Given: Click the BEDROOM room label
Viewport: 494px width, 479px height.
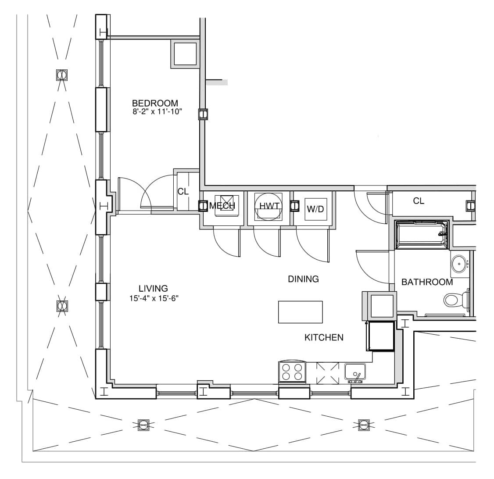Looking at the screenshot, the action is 155,103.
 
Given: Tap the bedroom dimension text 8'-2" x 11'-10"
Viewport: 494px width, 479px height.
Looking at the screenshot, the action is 157,111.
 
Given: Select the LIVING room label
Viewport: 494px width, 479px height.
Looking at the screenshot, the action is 153,289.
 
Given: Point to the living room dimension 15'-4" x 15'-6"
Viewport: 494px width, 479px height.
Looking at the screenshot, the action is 154,298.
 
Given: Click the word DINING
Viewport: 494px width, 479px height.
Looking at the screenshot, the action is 304,279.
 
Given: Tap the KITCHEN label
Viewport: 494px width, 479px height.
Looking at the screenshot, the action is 324,338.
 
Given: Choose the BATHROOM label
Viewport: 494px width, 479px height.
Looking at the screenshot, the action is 427,282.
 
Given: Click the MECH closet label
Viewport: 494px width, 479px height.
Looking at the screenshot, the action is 222,206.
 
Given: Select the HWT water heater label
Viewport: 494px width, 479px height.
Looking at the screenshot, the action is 269,206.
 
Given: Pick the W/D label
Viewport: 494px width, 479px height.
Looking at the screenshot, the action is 315,209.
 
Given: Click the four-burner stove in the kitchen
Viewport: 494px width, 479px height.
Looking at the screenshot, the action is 292,372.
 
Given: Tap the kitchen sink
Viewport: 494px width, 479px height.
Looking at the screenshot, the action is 355,372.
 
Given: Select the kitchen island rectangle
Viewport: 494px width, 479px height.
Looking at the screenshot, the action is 300,312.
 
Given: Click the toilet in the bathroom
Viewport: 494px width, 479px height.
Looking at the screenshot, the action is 456,300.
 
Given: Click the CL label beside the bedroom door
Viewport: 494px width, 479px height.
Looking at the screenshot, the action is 183,192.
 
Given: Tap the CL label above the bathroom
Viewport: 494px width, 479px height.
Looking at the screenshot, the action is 419,201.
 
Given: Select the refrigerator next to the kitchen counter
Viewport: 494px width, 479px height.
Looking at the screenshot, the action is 380,336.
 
